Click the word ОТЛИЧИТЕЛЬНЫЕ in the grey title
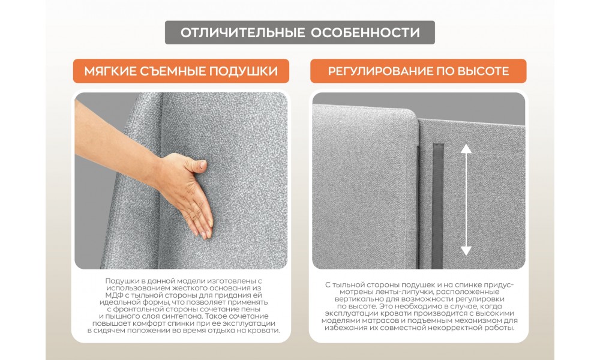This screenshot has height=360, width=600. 242,32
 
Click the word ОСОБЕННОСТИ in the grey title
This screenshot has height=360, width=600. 365,32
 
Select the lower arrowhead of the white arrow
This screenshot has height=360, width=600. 466,251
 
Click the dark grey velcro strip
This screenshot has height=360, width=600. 438,206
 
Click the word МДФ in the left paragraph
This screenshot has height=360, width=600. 113,295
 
